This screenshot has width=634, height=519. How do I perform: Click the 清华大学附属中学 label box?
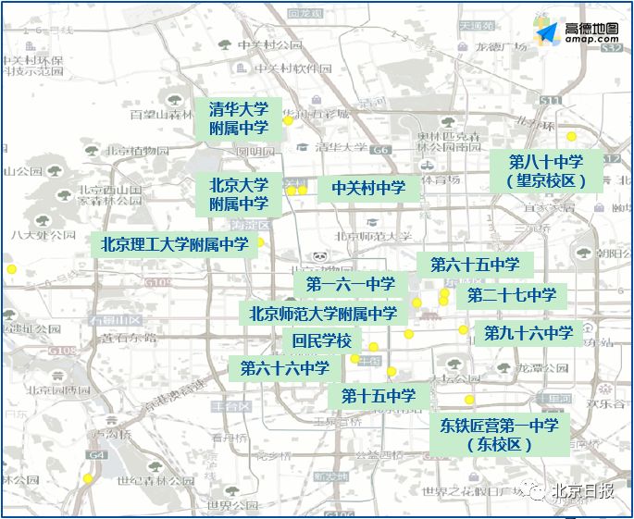click(x=239, y=117)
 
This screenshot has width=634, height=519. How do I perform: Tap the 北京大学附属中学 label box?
click(x=239, y=193)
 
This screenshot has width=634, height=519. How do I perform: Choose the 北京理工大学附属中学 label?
click(x=175, y=244)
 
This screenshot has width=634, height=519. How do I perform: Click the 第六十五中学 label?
click(x=475, y=265)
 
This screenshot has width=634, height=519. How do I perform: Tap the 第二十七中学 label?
click(x=512, y=295)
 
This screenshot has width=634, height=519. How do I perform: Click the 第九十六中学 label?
click(x=528, y=333)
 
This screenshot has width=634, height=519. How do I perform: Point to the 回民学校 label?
click(x=321, y=340)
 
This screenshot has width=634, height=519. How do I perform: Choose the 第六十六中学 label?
click(x=285, y=368)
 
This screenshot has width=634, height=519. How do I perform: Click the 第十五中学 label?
click(x=379, y=396)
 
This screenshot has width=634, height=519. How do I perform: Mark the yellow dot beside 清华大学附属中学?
click(x=288, y=120)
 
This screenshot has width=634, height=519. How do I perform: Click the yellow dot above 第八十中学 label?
click(x=571, y=136)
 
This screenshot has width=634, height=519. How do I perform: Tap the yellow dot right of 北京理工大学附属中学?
click(x=260, y=243)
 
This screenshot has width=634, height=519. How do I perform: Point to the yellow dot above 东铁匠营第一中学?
click(x=470, y=401)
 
